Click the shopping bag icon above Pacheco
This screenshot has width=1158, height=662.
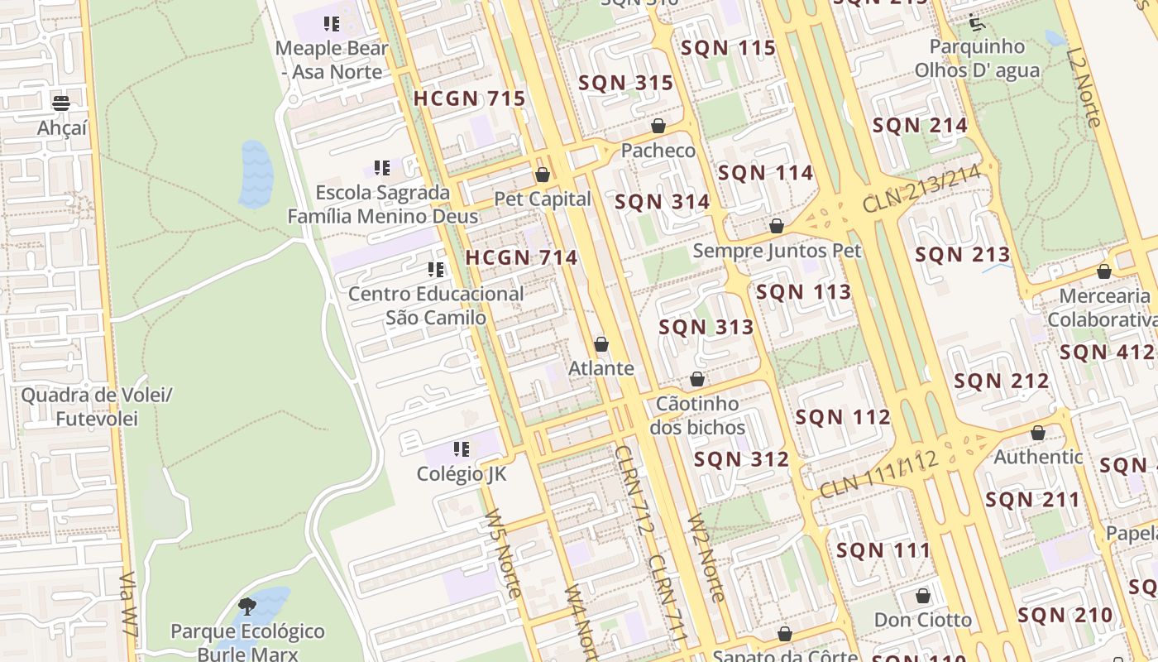pos(658,126)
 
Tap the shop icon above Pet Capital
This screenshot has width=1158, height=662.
pos(543,175)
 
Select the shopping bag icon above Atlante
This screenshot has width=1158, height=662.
pos(601,344)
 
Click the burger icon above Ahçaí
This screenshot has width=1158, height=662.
pos(61,103)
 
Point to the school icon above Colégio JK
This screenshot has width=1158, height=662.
pos(462,449)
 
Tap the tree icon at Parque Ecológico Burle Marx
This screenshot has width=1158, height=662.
pos(246,607)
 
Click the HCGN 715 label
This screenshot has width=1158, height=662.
pos(469,99)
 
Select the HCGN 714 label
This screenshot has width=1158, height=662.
pos(521,257)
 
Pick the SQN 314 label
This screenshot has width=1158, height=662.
pos(662,202)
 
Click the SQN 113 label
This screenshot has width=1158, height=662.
pos(803,292)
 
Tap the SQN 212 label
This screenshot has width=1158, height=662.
pos(1001,381)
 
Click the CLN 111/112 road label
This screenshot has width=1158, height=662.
pos(878,475)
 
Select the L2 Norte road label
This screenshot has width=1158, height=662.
pos(1084,87)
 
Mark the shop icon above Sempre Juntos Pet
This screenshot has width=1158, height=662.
pos(777,226)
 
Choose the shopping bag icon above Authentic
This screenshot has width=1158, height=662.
pos(1038,433)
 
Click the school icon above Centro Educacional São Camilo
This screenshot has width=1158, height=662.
pos(436,270)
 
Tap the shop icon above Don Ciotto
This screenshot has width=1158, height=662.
pos(923,596)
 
